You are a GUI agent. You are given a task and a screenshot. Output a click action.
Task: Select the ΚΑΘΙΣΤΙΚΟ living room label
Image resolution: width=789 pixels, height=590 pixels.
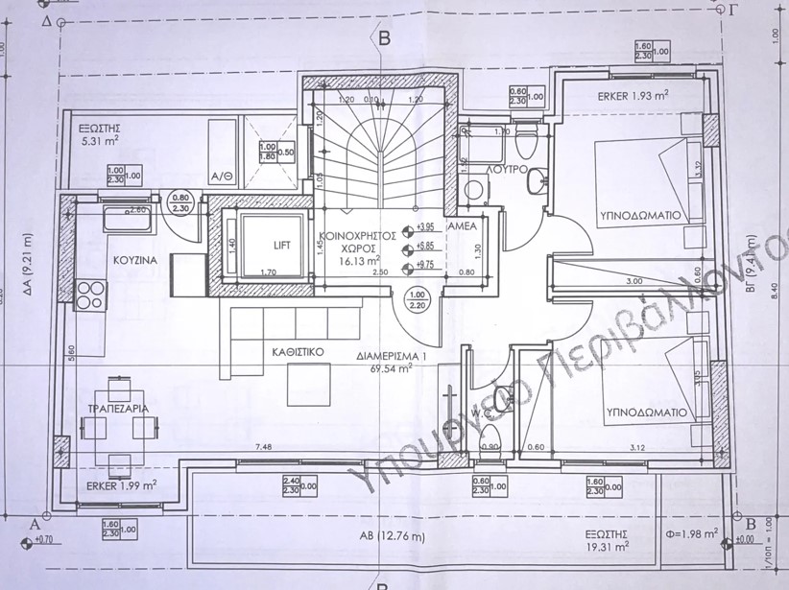[x=295, y=352]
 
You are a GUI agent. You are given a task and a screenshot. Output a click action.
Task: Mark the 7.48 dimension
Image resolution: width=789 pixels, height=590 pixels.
[x=262, y=445]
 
